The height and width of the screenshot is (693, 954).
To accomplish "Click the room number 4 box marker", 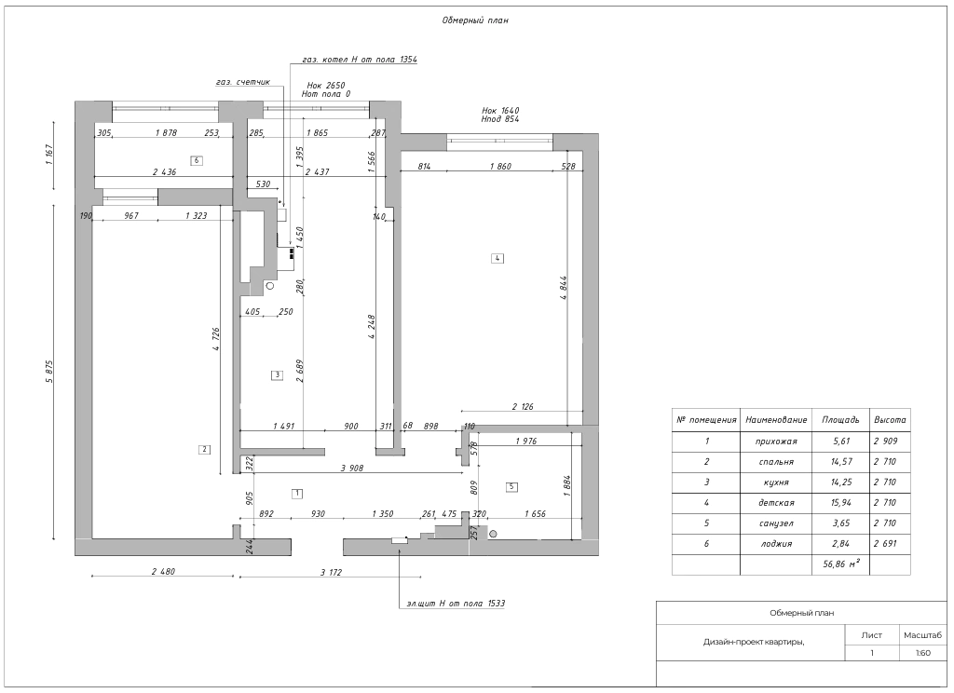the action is [497, 258].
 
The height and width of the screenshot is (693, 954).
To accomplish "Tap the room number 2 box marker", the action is [204, 450].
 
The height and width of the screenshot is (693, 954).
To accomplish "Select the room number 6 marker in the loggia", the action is [196, 160].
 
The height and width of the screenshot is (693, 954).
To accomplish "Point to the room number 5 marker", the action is [511, 487].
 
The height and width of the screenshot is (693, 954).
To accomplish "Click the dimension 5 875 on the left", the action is [50, 372].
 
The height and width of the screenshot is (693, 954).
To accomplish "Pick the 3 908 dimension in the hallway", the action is [351, 468].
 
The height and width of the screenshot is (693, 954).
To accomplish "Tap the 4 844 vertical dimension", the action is [564, 288].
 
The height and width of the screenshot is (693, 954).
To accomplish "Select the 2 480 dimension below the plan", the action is [163, 572].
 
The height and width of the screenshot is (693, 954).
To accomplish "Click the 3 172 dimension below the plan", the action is [331, 573].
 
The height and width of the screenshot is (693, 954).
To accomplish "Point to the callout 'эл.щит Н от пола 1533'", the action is [456, 604].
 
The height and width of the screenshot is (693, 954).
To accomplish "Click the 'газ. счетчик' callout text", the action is [243, 82].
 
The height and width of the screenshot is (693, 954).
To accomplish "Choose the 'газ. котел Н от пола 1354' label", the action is [360, 60].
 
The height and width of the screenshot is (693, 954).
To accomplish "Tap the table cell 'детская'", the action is [776, 503].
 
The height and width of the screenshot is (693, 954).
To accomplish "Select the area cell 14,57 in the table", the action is [841, 462].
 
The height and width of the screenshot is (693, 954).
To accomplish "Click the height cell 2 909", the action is [885, 442].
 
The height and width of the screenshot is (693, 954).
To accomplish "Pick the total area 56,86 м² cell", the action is [841, 564].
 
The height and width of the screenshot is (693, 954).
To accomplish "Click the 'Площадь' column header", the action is [841, 420].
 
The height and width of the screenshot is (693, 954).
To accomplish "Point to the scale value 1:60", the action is [923, 653].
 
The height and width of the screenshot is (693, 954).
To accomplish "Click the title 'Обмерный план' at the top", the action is [475, 20].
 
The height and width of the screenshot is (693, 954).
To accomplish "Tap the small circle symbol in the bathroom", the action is [494, 535].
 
